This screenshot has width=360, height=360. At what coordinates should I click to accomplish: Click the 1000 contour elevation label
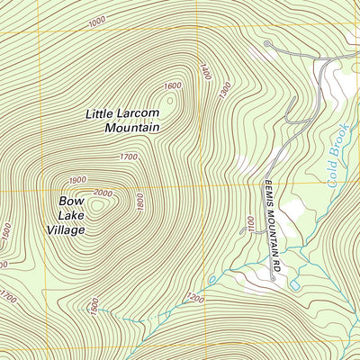click(x=98, y=20)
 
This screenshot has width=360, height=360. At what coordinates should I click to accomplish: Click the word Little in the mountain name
click(x=102, y=113)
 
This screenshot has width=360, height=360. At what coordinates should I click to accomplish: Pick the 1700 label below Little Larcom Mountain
click(x=129, y=157)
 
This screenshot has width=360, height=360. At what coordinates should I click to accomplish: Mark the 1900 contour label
click(x=77, y=179)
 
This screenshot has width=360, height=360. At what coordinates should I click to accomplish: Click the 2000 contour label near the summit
click(x=102, y=193)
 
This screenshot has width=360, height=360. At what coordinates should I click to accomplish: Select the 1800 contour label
click(x=139, y=202)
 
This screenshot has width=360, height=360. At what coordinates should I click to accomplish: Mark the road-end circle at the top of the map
click(x=267, y=42)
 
